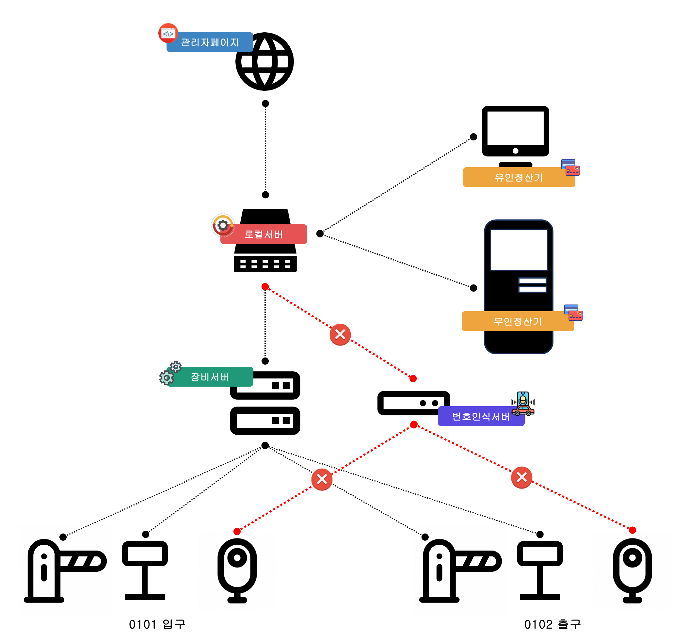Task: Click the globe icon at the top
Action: [264, 61]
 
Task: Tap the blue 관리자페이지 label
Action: [210, 42]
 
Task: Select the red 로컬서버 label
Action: [264, 234]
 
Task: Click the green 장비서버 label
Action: [210, 377]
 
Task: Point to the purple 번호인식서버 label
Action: [481, 416]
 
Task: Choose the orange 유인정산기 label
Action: [519, 177]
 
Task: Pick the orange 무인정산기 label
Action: [518, 321]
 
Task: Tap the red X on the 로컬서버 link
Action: [340, 334]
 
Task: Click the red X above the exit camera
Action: [521, 477]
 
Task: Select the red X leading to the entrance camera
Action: [322, 479]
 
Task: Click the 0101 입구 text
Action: [157, 624]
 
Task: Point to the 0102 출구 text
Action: [552, 624]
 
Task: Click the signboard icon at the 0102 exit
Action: [540, 570]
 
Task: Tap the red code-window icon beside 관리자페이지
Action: [168, 33]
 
